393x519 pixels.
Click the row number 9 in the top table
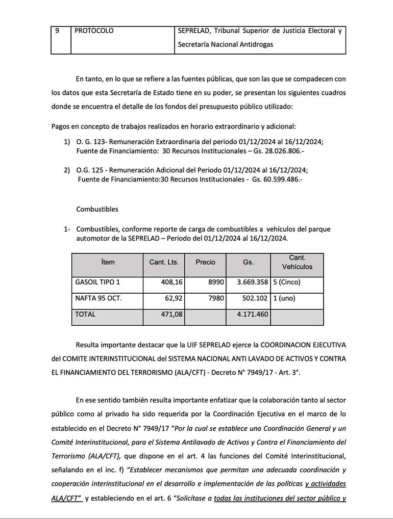57,31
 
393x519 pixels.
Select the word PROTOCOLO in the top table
94,31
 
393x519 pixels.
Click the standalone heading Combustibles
97,209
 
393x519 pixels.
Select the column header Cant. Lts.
164,262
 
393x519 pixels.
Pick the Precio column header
205,262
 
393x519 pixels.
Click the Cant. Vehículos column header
297,262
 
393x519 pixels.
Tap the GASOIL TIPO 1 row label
97,281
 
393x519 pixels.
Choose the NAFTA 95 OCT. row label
99,298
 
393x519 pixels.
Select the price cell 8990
216,281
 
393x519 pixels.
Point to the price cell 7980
216,298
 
